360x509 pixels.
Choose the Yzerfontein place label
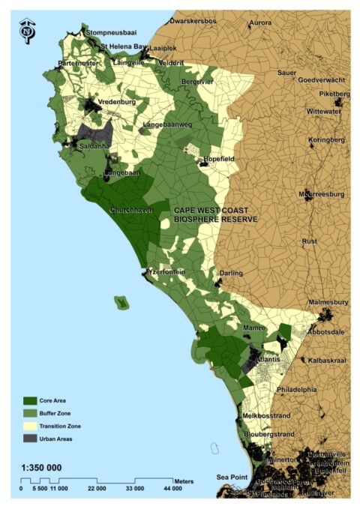point(167,272)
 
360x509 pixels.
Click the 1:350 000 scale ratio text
point(42,468)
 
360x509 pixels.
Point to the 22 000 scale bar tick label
point(97,489)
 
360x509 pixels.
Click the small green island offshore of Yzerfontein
point(121,302)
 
